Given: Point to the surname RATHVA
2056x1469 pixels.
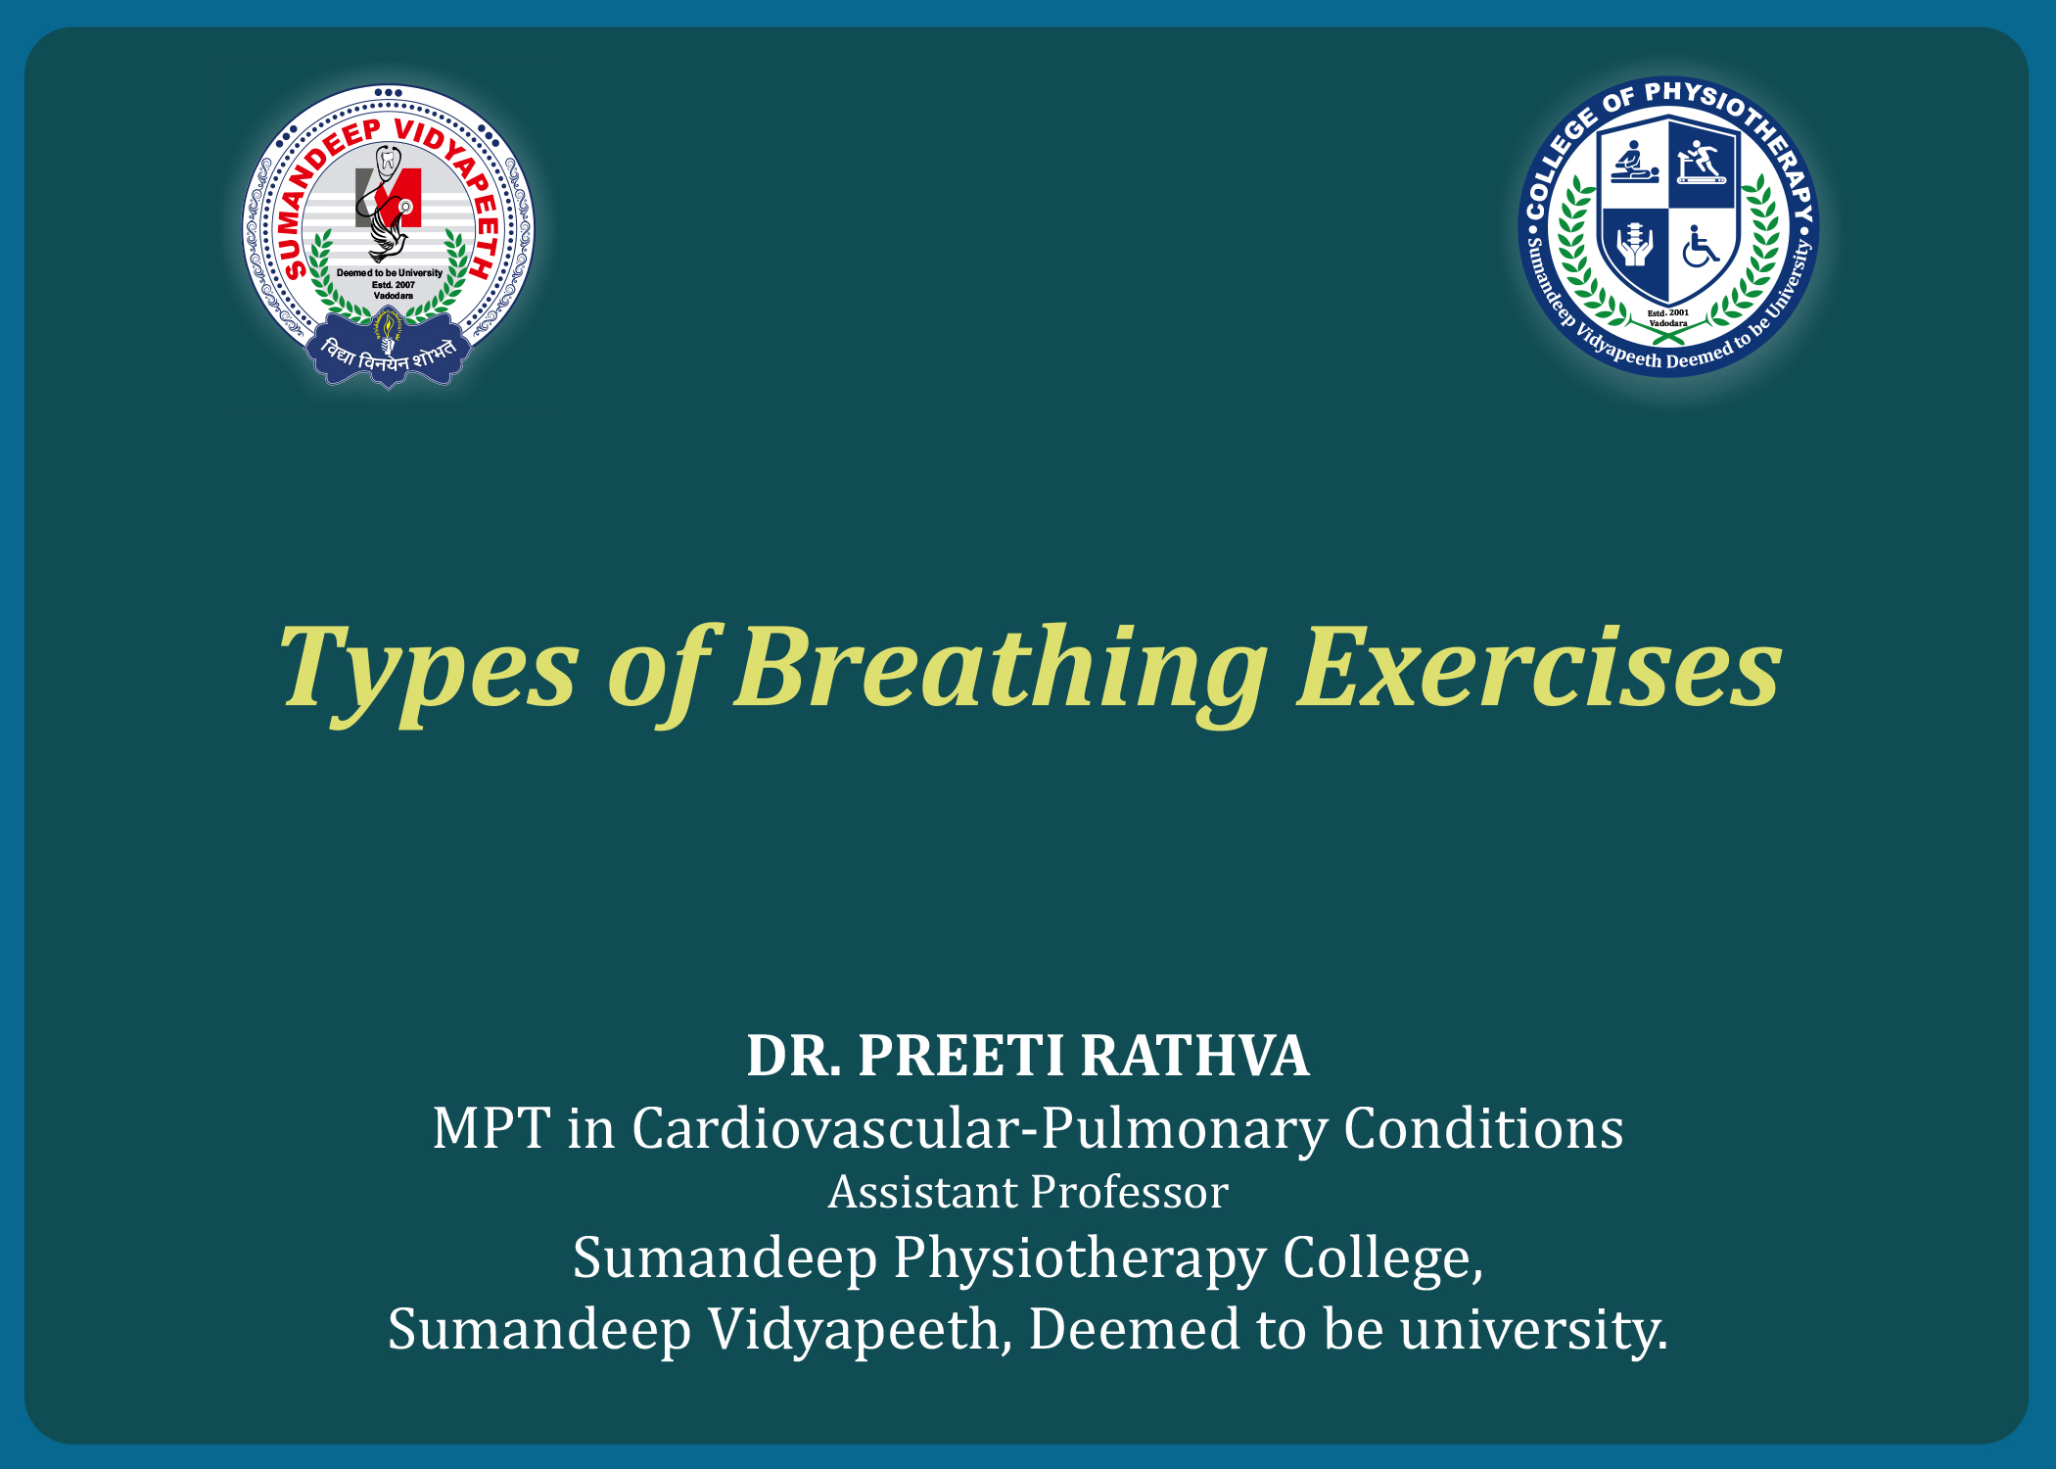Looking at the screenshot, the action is (x=1194, y=1056).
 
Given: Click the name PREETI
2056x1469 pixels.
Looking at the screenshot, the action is (x=960, y=1056).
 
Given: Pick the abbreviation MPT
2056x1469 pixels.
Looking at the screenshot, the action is (x=491, y=1128).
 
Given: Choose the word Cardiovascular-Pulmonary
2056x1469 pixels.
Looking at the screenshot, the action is (x=979, y=1128).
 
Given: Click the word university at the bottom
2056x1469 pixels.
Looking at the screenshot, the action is (x=1533, y=1330).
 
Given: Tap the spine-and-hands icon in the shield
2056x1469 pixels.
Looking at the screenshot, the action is (x=1634, y=244).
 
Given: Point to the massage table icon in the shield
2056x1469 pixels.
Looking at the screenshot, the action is (x=1634, y=162).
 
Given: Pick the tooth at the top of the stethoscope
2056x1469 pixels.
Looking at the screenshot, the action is (x=389, y=160).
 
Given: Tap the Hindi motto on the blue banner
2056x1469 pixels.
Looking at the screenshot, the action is (x=389, y=355).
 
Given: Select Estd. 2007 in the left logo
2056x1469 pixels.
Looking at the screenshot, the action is (x=393, y=285).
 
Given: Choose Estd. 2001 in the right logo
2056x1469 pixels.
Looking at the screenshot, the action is (x=1668, y=313).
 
